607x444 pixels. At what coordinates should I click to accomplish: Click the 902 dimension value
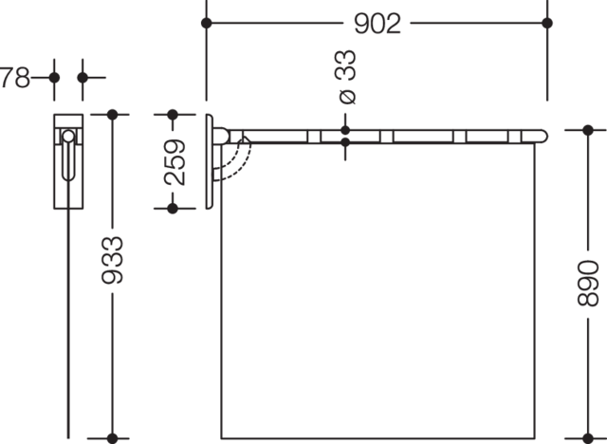(x=377, y=24)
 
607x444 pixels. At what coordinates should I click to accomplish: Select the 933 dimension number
(x=112, y=260)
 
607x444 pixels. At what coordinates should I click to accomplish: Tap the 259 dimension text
(x=175, y=162)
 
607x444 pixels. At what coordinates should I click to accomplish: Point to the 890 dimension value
(x=588, y=283)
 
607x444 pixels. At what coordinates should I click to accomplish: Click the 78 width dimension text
(x=15, y=78)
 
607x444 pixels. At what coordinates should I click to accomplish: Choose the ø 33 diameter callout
(x=347, y=77)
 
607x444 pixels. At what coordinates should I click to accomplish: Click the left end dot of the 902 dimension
(x=207, y=23)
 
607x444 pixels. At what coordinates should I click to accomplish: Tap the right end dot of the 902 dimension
(x=547, y=23)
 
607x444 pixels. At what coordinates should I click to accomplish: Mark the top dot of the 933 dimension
(x=112, y=115)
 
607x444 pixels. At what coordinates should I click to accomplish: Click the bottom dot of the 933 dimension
(x=112, y=438)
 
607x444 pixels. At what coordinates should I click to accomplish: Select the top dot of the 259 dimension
(x=173, y=115)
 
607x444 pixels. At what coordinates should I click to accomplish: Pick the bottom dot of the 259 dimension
(x=173, y=209)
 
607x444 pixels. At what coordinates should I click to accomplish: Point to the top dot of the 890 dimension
(x=588, y=130)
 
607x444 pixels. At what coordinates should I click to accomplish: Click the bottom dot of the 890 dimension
(x=588, y=438)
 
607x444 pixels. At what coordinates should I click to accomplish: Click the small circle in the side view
(x=68, y=137)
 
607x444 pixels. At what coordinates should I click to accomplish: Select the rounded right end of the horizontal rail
(x=543, y=137)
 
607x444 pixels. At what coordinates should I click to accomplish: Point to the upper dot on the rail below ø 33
(x=345, y=130)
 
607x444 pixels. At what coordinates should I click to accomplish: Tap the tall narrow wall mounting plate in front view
(x=209, y=161)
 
